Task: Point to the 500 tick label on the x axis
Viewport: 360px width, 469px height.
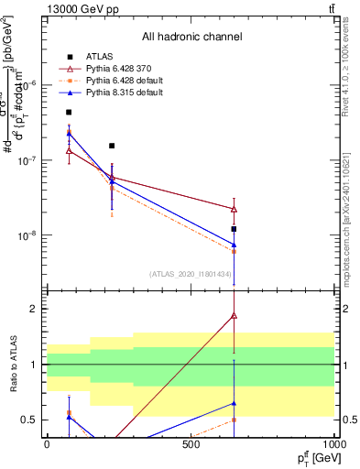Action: click(191, 444)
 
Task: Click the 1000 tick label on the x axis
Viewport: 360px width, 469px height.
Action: click(334, 444)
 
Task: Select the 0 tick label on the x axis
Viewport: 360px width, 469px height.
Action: click(47, 444)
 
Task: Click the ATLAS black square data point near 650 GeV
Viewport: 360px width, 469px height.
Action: click(235, 229)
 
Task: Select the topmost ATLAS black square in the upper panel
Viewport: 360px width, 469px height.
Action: click(69, 112)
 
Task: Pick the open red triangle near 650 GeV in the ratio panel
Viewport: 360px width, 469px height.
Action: click(235, 315)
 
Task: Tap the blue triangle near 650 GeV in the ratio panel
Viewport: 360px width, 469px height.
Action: click(235, 403)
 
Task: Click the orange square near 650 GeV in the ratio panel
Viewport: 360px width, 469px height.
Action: click(235, 420)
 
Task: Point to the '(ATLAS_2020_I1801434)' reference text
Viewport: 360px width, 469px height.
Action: click(191, 274)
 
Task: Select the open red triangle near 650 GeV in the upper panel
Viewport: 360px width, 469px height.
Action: click(235, 209)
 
